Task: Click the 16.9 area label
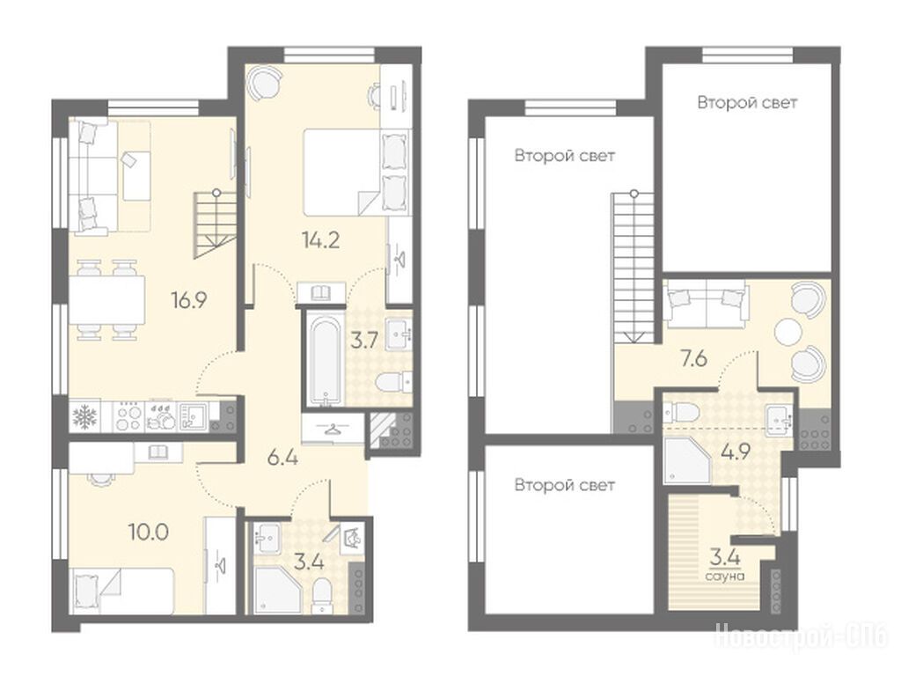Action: [189, 299]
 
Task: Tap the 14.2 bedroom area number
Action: [320, 239]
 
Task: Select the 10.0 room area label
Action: [148, 533]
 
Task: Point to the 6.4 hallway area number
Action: [282, 458]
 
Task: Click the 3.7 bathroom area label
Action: [364, 341]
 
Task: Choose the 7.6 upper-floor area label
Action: [693, 359]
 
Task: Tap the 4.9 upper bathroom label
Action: [736, 452]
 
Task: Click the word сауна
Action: [725, 576]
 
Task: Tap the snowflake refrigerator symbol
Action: [84, 416]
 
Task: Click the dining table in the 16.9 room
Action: [107, 300]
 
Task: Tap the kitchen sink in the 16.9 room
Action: [193, 416]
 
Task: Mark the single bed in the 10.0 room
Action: [121, 591]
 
